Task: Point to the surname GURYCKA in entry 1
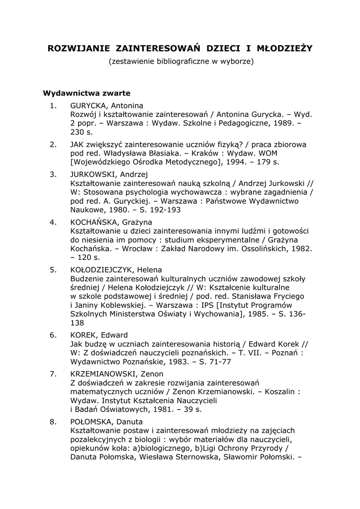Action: tap(89, 105)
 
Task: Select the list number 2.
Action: tap(53, 144)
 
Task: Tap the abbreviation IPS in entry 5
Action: tap(223, 305)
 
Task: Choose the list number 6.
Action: tap(53, 335)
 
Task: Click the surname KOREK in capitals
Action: tap(84, 335)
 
